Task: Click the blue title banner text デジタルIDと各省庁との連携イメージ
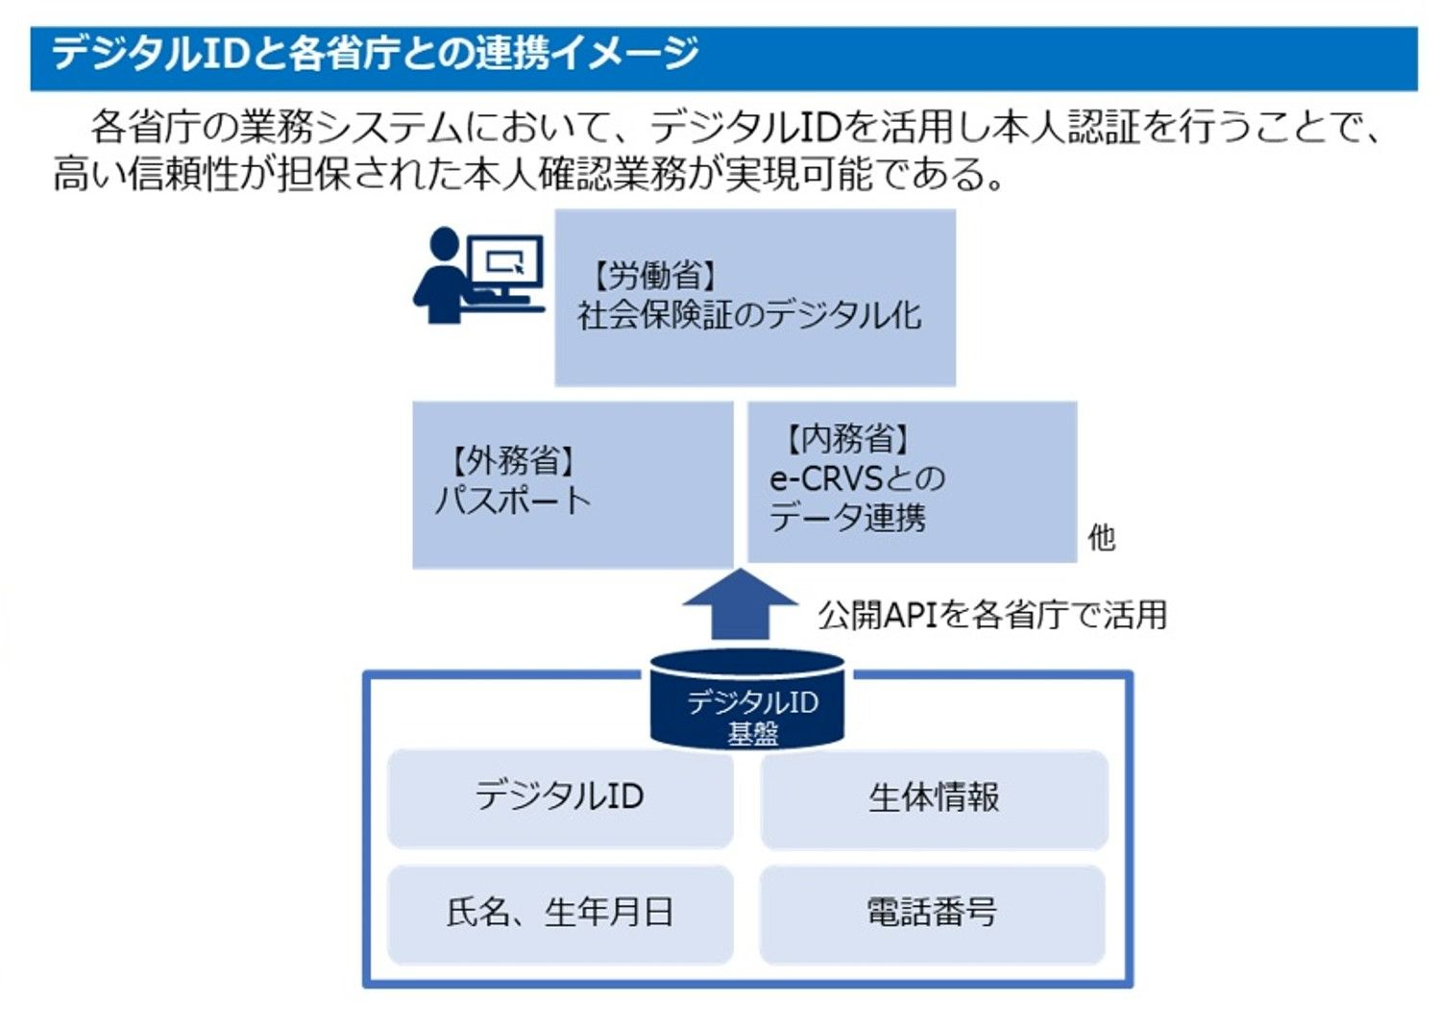(375, 53)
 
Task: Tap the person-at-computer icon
(477, 276)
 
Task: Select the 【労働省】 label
(654, 276)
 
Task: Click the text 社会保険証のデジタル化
(748, 315)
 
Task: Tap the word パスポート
(512, 501)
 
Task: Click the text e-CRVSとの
(857, 478)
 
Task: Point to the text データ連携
(847, 519)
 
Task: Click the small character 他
(1101, 537)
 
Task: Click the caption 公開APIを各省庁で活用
(991, 615)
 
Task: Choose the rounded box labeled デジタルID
(559, 797)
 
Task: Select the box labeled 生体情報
(934, 797)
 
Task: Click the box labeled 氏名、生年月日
(559, 913)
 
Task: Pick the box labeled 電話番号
(932, 913)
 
